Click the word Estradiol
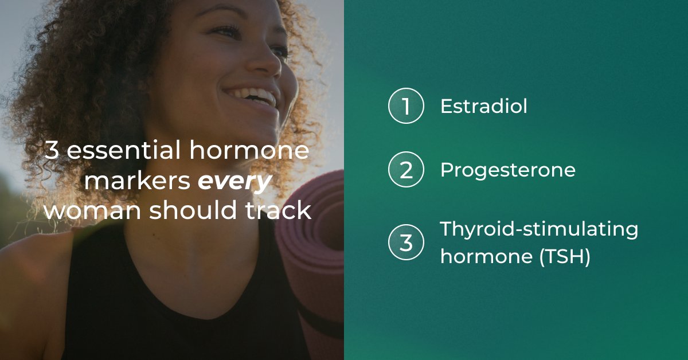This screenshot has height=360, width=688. click(483, 107)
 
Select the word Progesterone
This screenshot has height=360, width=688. click(507, 171)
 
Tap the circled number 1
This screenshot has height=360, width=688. click(406, 107)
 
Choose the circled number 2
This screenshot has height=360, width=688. click(406, 171)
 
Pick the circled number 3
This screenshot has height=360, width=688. click(406, 242)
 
